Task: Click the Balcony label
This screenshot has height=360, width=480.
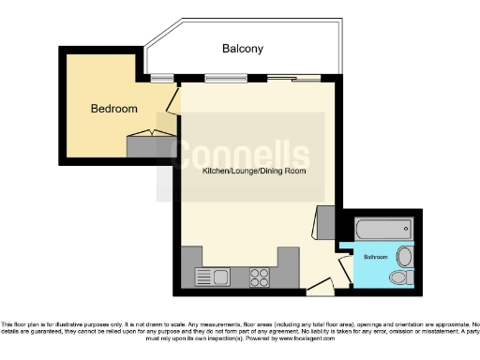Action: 242,48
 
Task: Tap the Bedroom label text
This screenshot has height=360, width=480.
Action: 113,109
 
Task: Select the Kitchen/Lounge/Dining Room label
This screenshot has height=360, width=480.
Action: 254,172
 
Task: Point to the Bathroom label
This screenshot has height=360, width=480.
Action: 375,256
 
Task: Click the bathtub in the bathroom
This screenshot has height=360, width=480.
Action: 382,228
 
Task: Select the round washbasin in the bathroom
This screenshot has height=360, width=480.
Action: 404,256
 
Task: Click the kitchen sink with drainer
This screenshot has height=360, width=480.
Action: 213,277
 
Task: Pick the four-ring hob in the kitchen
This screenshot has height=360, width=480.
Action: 259,277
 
